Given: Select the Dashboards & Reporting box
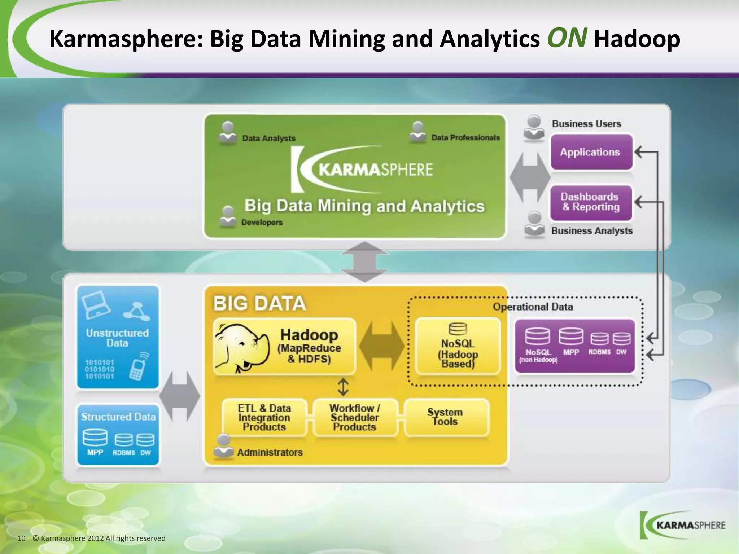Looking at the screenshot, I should pyautogui.click(x=591, y=202).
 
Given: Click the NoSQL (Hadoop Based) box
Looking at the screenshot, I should pyautogui.click(x=458, y=347).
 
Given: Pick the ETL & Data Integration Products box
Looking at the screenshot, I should pyautogui.click(x=264, y=417).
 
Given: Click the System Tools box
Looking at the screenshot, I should pyautogui.click(x=446, y=417).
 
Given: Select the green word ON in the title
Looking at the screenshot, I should pyautogui.click(x=567, y=38).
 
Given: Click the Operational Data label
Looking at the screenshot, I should pyautogui.click(x=533, y=307).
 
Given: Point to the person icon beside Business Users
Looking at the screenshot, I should pyautogui.click(x=534, y=128).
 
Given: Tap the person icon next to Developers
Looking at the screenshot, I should pyautogui.click(x=228, y=216).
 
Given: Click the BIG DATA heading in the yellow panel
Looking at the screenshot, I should pyautogui.click(x=259, y=303).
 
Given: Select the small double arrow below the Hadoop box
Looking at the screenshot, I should pyautogui.click(x=343, y=387).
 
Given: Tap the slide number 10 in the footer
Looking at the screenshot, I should pyautogui.click(x=21, y=538).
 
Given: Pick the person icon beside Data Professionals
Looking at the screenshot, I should pyautogui.click(x=418, y=132).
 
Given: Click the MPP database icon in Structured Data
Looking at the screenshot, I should pyautogui.click(x=95, y=438).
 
